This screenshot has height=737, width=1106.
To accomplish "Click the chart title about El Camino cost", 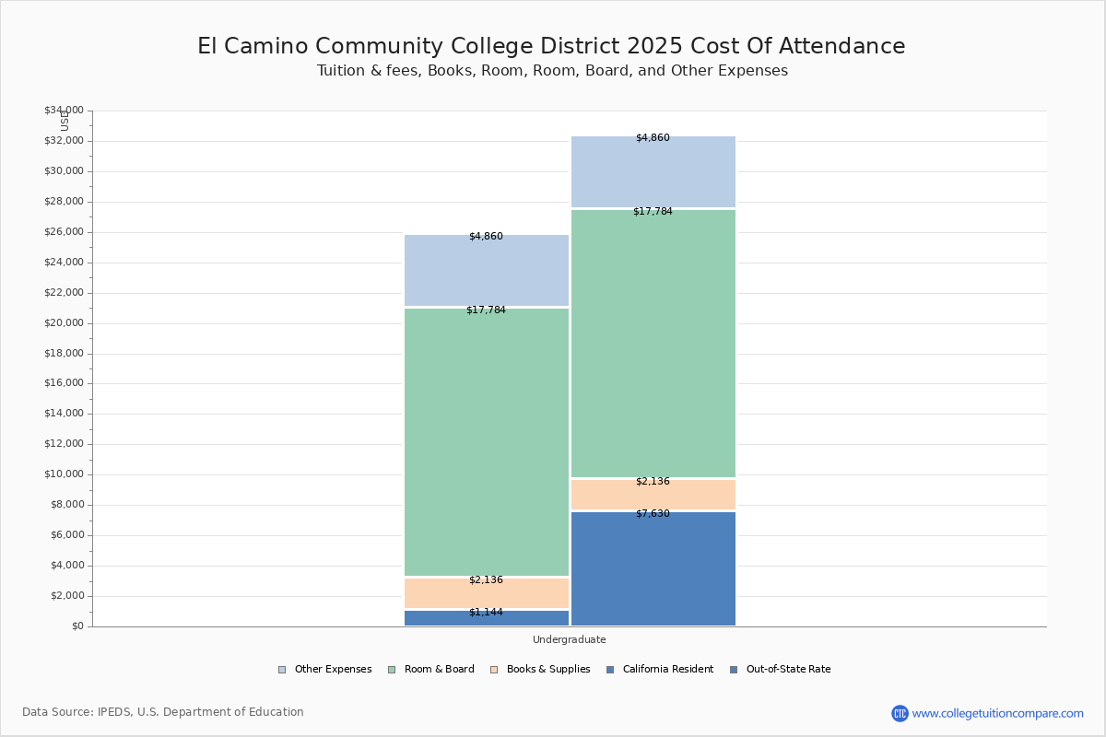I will point(551,47).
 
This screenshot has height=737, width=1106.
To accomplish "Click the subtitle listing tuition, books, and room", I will point(552,71).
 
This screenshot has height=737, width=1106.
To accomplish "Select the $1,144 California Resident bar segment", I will point(487,618).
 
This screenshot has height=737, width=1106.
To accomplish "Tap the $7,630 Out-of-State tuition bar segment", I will point(653,568).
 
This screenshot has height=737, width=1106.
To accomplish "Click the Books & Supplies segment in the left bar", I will point(487,592).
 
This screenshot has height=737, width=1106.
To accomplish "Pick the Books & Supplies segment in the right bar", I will point(653,495).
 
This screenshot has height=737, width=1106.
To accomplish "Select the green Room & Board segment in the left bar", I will point(487,442).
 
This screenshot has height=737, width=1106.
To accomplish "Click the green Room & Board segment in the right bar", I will point(653,344).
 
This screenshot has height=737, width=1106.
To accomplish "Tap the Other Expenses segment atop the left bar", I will point(487,271).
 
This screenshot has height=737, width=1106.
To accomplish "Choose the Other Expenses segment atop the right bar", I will point(653,172).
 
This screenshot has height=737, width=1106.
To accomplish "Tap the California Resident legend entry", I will point(660,670).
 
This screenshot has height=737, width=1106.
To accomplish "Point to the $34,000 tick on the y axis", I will point(64,111).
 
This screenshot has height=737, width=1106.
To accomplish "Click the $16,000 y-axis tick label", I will point(64,383).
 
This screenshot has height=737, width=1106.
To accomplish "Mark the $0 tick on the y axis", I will point(76,626).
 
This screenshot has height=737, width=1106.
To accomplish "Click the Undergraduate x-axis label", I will point(569,639).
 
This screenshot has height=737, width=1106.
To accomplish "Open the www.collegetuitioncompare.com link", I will point(997,713).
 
